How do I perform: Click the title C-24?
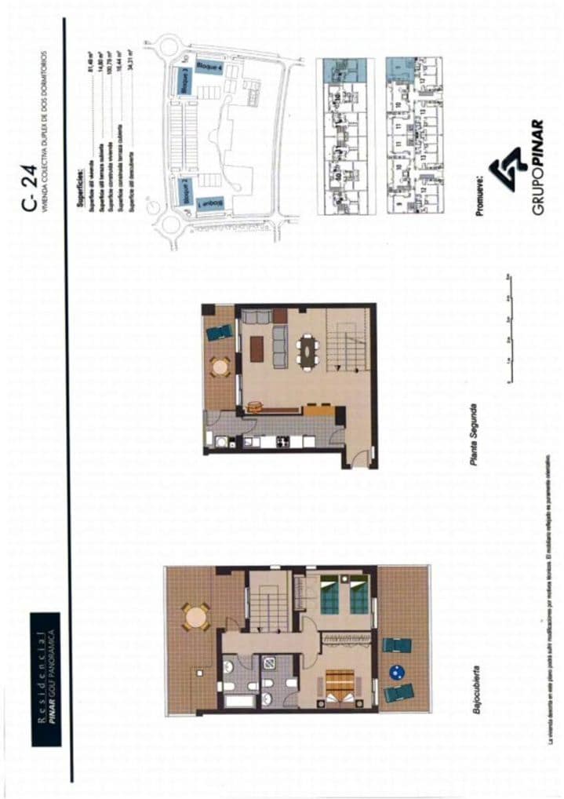(30, 192)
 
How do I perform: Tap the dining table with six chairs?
(307, 351)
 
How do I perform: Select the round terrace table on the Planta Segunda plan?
(220, 366)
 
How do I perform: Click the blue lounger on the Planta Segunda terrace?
(220, 332)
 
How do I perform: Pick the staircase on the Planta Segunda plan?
(346, 339)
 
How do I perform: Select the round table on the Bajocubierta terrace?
(195, 616)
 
